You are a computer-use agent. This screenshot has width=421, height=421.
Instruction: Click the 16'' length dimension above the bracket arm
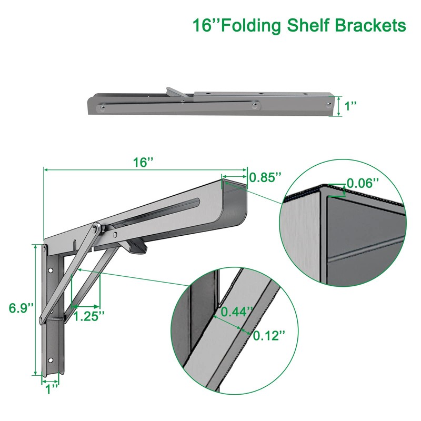tap(143, 163)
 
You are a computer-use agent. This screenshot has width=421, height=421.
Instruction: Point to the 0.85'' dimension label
tap(263, 177)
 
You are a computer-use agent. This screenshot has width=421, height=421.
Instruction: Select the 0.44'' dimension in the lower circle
tap(234, 311)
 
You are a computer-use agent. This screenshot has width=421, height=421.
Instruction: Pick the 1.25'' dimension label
tap(88, 316)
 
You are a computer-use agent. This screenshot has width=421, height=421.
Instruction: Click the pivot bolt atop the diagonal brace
tap(96, 229)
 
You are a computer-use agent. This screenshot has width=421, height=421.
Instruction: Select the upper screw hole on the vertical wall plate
tap(51, 271)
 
